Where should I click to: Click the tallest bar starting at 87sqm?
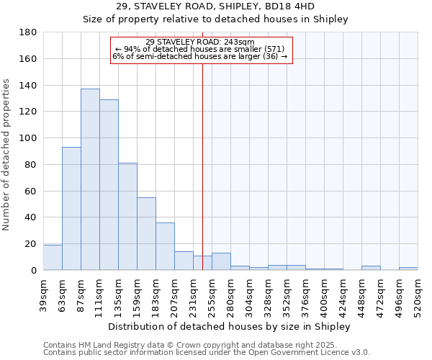coord(90,179)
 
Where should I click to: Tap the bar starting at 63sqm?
coord(71,209)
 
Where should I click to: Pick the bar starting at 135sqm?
coord(127,217)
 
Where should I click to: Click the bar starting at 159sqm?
coord(146,234)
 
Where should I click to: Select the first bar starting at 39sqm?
coord(53,258)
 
